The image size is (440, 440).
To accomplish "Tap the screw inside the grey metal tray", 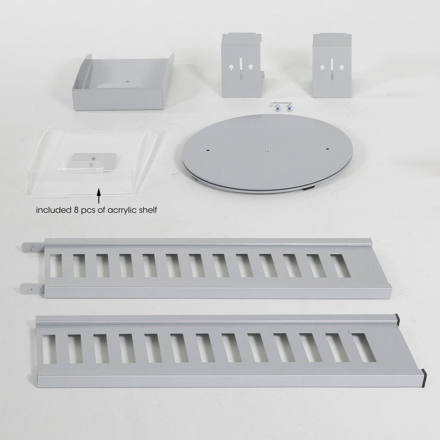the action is (127, 81).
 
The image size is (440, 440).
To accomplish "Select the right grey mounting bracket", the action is (332, 66).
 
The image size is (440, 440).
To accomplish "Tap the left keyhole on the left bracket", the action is (231, 68).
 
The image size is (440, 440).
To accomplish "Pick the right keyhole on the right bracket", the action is (341, 68).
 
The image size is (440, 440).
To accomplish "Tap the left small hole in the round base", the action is (207, 150).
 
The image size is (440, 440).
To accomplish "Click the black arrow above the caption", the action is (99, 196).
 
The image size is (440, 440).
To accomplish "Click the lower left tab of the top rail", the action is (32, 288).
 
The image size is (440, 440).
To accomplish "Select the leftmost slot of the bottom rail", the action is (49, 349).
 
